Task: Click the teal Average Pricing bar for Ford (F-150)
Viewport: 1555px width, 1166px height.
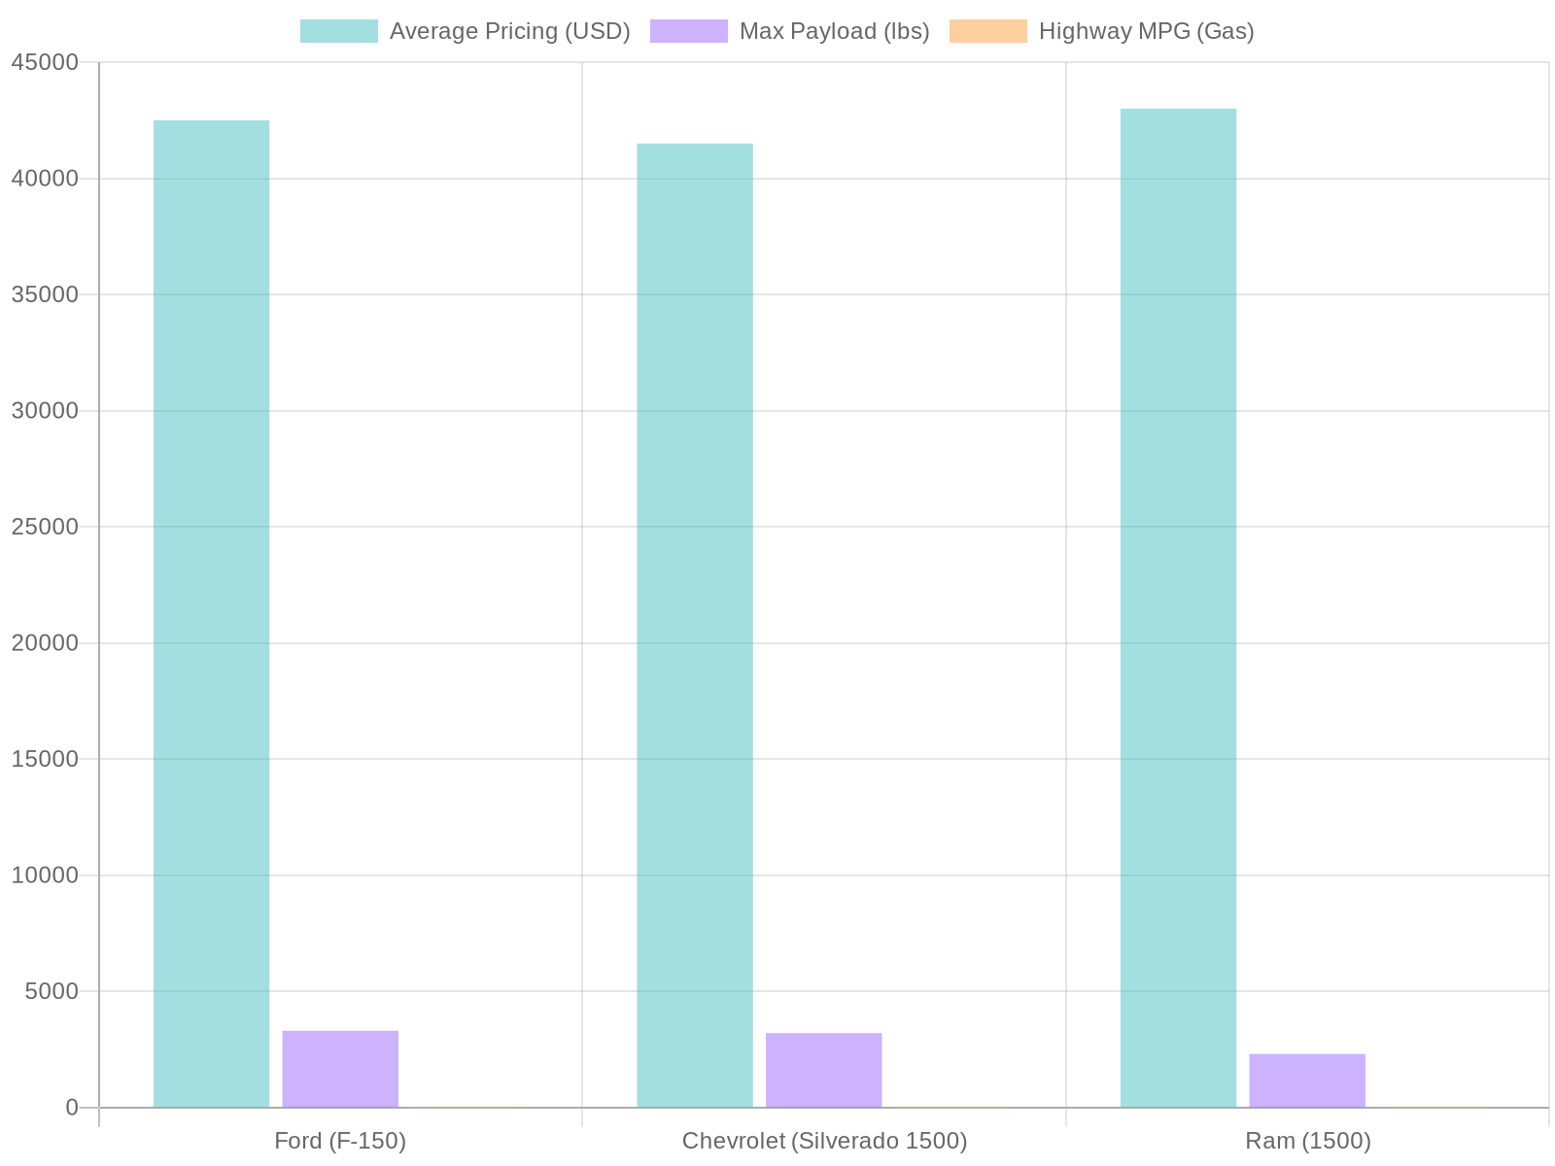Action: pyautogui.click(x=211, y=612)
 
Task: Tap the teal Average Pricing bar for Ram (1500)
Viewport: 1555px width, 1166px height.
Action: pyautogui.click(x=1178, y=606)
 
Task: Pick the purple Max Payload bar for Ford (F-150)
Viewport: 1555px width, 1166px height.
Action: pyautogui.click(x=340, y=1068)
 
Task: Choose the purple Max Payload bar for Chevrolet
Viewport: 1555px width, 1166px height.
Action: pyautogui.click(x=823, y=1070)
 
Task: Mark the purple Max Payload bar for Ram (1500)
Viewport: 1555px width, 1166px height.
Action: pyautogui.click(x=1306, y=1080)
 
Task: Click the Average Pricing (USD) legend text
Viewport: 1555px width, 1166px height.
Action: pyautogui.click(x=509, y=31)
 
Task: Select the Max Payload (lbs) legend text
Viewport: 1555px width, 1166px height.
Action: pyautogui.click(x=834, y=31)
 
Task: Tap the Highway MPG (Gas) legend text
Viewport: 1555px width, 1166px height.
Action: pyautogui.click(x=1146, y=31)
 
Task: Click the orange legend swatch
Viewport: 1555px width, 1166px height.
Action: pyautogui.click(x=987, y=31)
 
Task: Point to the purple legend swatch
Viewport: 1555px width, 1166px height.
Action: pyautogui.click(x=688, y=31)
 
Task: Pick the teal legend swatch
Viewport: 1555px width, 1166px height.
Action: pyautogui.click(x=338, y=31)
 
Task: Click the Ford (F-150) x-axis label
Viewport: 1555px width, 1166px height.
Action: pyautogui.click(x=340, y=1141)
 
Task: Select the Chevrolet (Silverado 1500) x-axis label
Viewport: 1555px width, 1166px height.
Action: pyautogui.click(x=824, y=1141)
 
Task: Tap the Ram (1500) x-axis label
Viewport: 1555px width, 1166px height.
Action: pyautogui.click(x=1308, y=1141)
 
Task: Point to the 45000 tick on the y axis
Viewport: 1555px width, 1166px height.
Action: pyautogui.click(x=45, y=63)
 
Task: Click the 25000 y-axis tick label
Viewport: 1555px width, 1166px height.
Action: pyautogui.click(x=45, y=527)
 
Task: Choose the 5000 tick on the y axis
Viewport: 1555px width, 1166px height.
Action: pyautogui.click(x=51, y=991)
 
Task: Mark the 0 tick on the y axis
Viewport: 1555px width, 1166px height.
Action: pyautogui.click(x=71, y=1108)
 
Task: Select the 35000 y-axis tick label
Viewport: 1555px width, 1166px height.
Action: pyautogui.click(x=45, y=294)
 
